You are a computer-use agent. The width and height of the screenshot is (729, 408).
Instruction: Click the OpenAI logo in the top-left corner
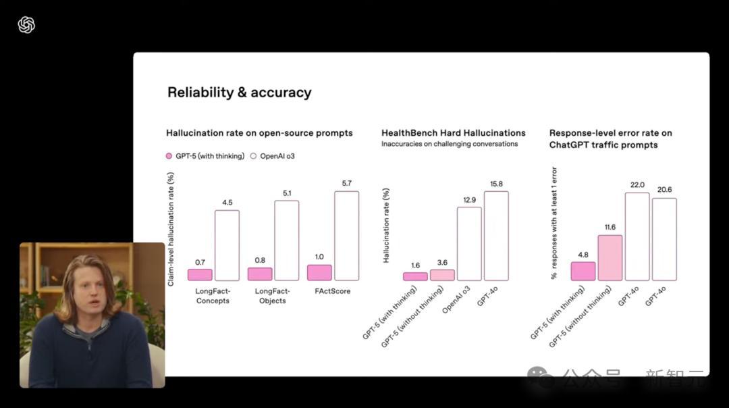coord(26,25)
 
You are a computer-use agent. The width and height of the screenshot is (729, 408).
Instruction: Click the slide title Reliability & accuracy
coord(239,93)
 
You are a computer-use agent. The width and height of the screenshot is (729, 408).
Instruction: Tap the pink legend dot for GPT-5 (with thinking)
coord(169,156)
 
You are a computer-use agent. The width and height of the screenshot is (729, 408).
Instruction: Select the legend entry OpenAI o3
coord(273,156)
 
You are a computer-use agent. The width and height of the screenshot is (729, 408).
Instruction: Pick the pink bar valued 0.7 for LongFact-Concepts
coord(200,274)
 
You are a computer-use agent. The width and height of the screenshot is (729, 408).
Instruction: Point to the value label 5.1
coord(286,193)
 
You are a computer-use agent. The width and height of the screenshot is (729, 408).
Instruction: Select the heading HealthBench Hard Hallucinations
coord(453,133)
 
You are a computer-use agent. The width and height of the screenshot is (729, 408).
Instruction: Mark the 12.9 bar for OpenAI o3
coord(469,243)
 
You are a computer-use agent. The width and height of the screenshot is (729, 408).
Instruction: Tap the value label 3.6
coord(442,263)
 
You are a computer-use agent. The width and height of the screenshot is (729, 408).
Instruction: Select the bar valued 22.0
coord(637,236)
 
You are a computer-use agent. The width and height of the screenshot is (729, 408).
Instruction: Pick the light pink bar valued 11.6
coord(610,257)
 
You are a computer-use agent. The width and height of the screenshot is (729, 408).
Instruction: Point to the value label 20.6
coord(664,190)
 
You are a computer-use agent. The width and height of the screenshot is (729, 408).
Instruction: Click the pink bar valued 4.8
coord(583,271)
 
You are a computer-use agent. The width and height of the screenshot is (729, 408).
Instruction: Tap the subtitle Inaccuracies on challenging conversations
coord(450,144)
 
